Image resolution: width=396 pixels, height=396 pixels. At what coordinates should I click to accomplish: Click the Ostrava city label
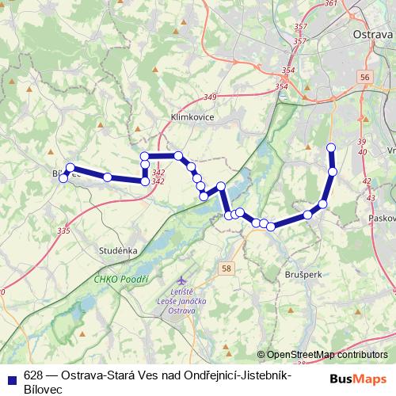tap(372, 35)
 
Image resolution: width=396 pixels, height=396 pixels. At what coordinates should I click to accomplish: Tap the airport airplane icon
tap(183, 281)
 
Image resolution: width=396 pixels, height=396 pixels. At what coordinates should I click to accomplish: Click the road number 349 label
tap(210, 97)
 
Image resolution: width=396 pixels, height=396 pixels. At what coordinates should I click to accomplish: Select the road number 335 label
tap(63, 230)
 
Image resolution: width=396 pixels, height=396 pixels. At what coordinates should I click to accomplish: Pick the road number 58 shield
tap(227, 269)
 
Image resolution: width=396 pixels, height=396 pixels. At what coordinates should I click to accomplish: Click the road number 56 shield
tap(364, 77)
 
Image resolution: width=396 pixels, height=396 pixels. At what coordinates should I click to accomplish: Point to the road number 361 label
tap(331, 4)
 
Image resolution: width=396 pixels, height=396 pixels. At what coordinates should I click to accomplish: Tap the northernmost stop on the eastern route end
tap(332, 147)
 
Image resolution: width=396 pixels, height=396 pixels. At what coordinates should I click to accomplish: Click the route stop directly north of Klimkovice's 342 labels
tap(144, 155)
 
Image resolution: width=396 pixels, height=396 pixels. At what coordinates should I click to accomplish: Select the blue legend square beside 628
tap(10, 375)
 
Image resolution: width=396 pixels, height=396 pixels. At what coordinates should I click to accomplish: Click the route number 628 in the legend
tap(32, 375)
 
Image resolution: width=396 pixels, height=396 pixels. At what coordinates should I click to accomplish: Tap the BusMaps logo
tap(359, 379)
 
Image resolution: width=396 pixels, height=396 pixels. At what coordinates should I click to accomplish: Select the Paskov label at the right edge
tap(382, 217)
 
